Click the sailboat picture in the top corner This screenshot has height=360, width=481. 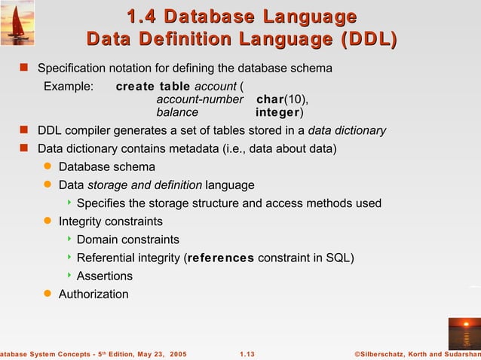click(x=17, y=23)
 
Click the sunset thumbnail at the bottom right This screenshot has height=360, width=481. click(x=463, y=331)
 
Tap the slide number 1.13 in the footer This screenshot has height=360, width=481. click(x=247, y=354)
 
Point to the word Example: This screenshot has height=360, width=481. click(x=69, y=87)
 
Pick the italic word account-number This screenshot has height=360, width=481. click(x=200, y=99)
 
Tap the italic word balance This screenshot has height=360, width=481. click(x=177, y=112)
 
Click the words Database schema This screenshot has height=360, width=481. click(x=107, y=166)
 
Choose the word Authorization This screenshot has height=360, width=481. click(x=93, y=294)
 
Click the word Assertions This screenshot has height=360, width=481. click(x=105, y=276)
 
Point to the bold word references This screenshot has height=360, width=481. click(x=221, y=258)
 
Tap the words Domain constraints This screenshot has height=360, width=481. click(x=128, y=239)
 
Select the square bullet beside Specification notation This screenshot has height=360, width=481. click(x=23, y=68)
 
